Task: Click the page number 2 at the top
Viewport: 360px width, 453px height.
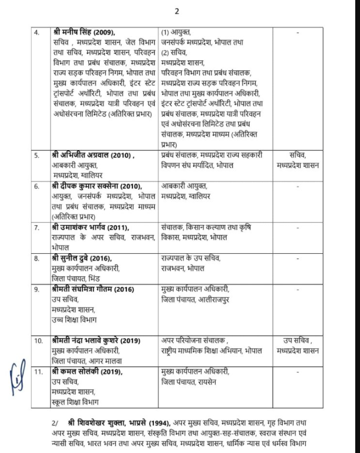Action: pos(178,10)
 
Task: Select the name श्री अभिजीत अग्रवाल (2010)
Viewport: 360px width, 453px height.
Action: pos(92,156)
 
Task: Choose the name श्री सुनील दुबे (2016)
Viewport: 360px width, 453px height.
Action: pos(82,259)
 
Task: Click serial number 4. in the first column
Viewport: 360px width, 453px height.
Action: pos(36,33)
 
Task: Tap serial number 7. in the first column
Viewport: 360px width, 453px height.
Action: pos(36,228)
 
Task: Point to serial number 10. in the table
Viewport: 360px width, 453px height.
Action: pos(38,340)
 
